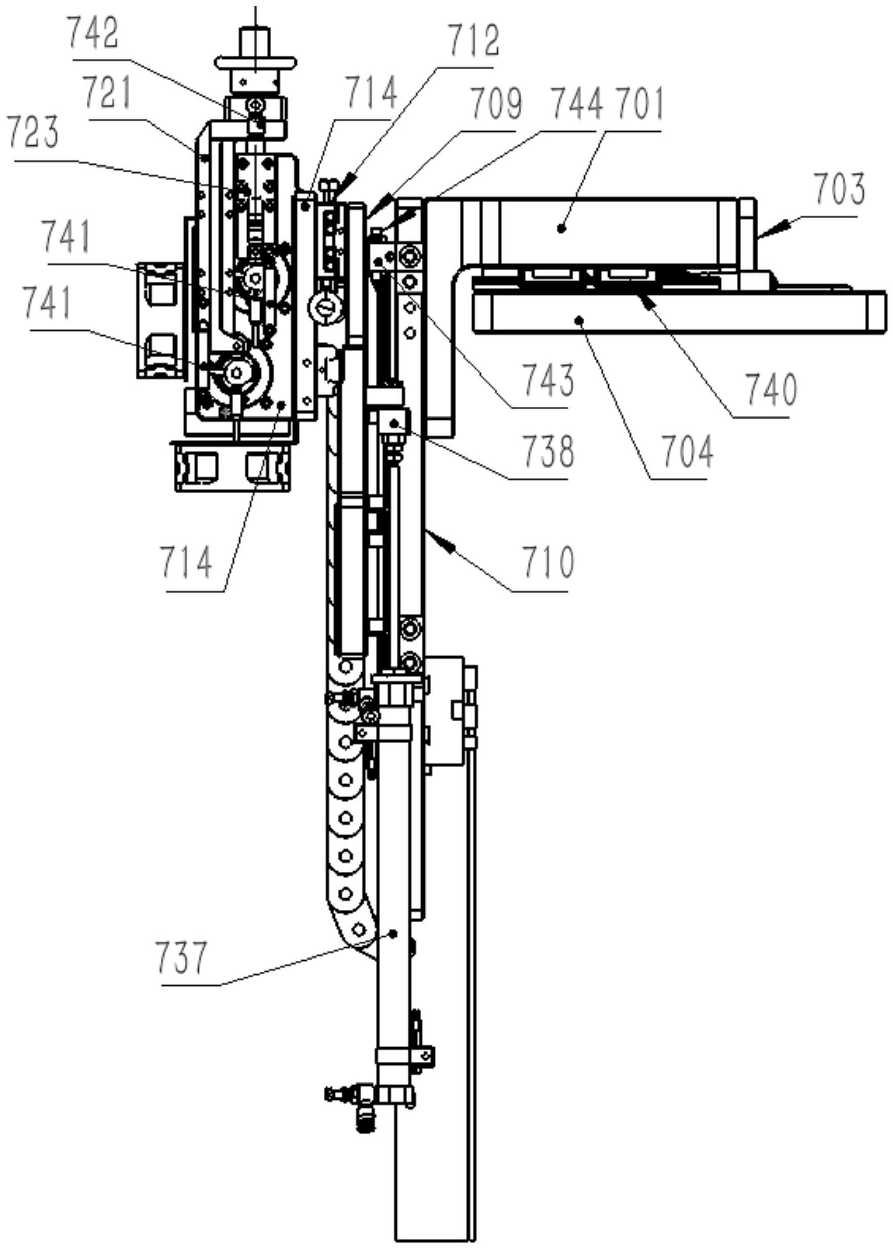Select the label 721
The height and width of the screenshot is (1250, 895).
pos(107,94)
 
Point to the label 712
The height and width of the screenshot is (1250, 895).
pos(474,41)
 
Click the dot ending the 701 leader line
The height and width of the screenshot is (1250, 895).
pos(561,227)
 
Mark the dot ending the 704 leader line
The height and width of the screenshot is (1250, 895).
pos(579,318)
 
